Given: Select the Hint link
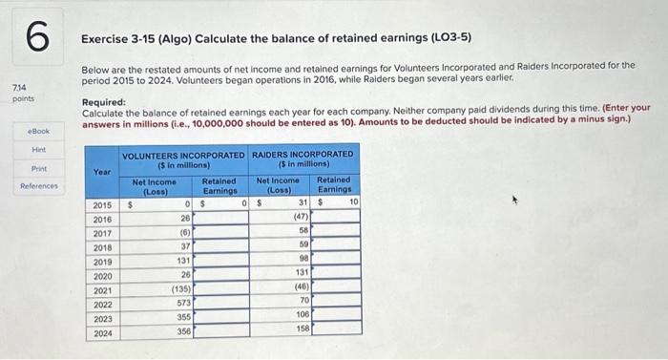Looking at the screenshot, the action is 39,150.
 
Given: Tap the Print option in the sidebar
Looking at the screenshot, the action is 39,168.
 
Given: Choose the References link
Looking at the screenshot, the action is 39,186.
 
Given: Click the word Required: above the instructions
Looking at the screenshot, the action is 103,100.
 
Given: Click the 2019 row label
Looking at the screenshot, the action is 102,260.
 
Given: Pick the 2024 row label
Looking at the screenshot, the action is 102,331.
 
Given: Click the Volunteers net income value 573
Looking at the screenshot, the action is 184,303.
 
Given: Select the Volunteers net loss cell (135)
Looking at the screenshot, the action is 181,288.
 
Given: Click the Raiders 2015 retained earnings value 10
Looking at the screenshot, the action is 353,202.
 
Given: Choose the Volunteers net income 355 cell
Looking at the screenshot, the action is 184,317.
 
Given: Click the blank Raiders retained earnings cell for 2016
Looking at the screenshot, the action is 336,217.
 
